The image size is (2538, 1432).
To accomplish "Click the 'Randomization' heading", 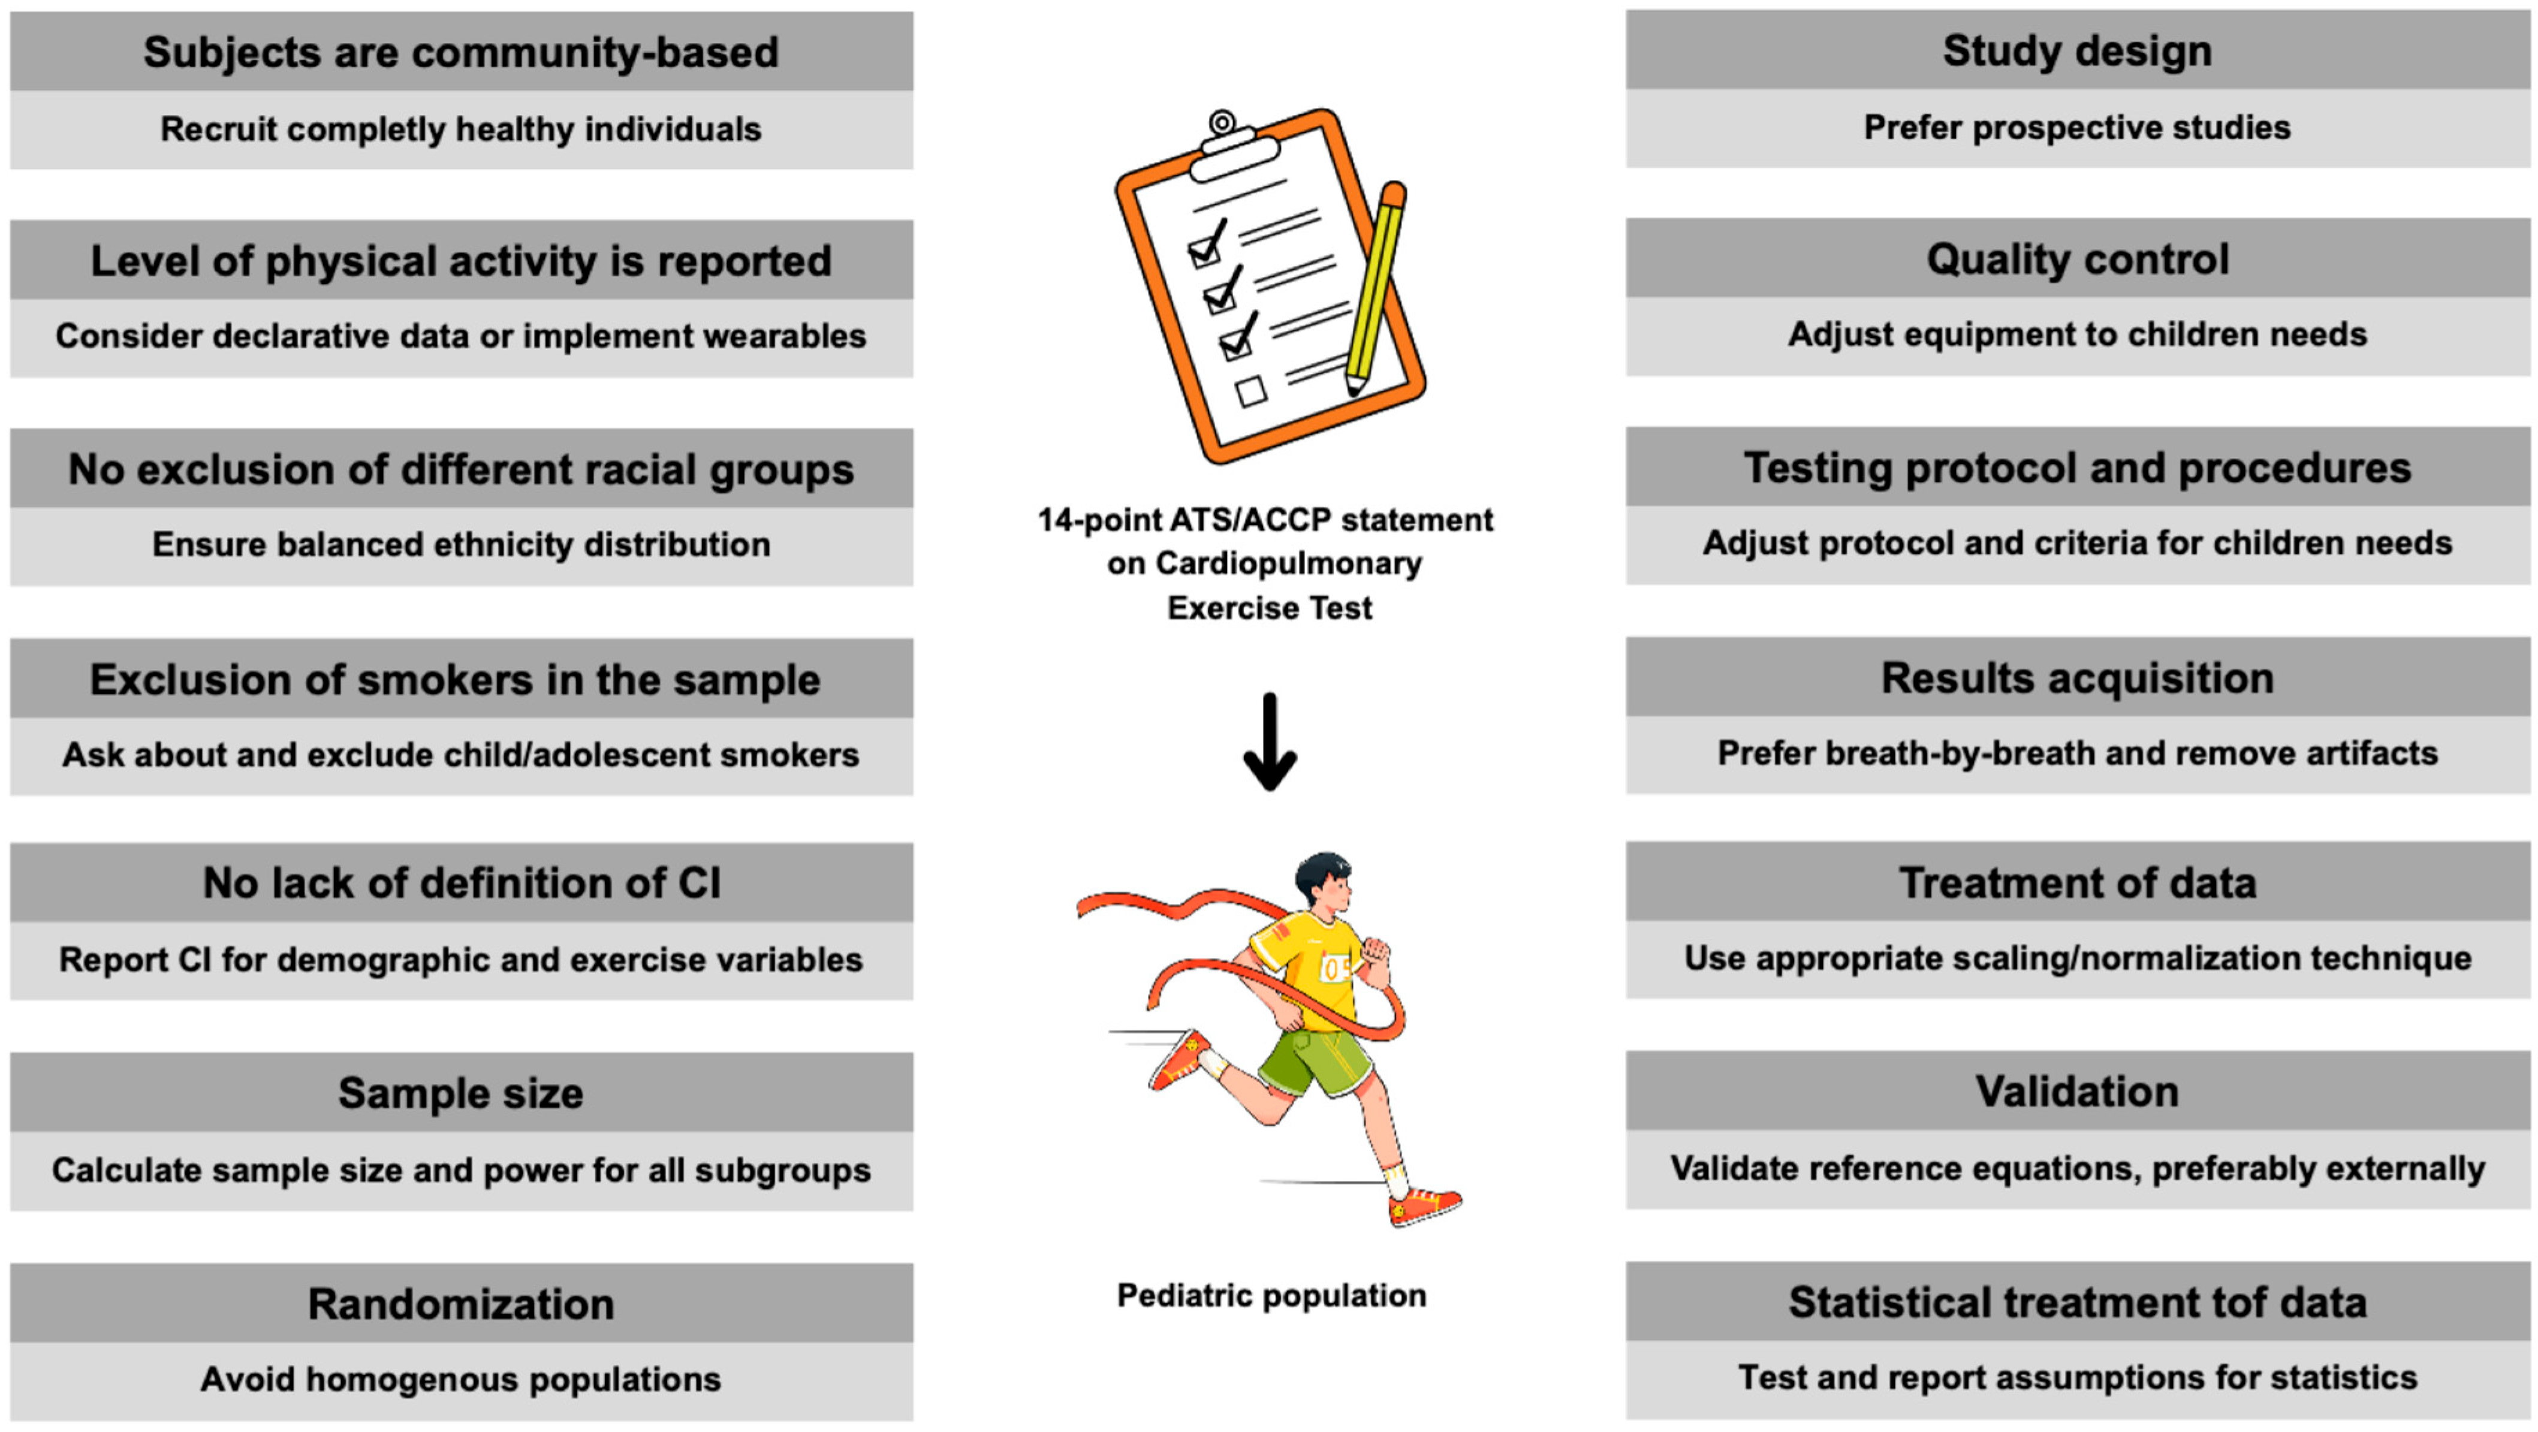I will tap(461, 1304).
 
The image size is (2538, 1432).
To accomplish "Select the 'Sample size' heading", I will tap(461, 1093).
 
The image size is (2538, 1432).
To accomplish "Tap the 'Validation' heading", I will tap(2077, 1091).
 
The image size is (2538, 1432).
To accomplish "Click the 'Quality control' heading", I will tap(2077, 259).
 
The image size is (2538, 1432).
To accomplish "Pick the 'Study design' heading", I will tap(2077, 50).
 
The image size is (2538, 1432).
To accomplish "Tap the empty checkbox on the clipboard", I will tap(1251, 391).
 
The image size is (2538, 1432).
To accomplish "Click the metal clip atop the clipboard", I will tap(1226, 137).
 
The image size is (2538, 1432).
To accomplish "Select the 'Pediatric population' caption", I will tap(1271, 1295).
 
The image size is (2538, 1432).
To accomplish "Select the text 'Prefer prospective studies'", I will tap(2077, 127).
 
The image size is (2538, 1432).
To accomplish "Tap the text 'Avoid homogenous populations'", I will tap(461, 1379).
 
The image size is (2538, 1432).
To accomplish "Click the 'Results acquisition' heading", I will tap(2077, 678).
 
